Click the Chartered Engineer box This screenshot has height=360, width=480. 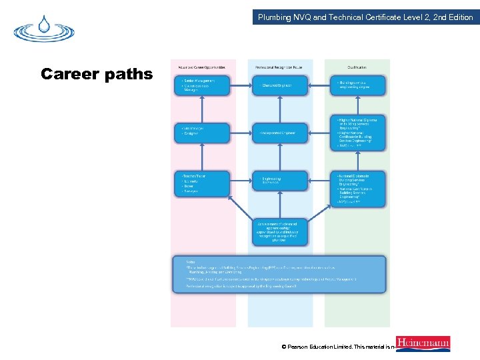(280, 85)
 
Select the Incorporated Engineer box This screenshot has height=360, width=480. (280, 133)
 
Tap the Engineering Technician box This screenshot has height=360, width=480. (280, 181)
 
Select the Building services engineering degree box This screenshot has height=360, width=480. (358, 85)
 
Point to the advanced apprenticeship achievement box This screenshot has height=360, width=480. (280, 230)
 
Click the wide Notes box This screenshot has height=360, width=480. (279, 274)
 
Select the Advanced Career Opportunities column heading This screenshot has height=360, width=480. (203, 67)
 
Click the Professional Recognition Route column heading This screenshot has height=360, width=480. (280, 67)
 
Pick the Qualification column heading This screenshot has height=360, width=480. (357, 67)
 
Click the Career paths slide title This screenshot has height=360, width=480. (97, 74)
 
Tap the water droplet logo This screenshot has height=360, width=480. (44, 29)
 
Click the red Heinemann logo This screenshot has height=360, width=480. (423, 343)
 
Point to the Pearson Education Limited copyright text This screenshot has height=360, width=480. (337, 347)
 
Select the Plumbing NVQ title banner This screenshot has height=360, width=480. (365, 17)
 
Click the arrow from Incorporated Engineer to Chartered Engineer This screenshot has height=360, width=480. (280, 109)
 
